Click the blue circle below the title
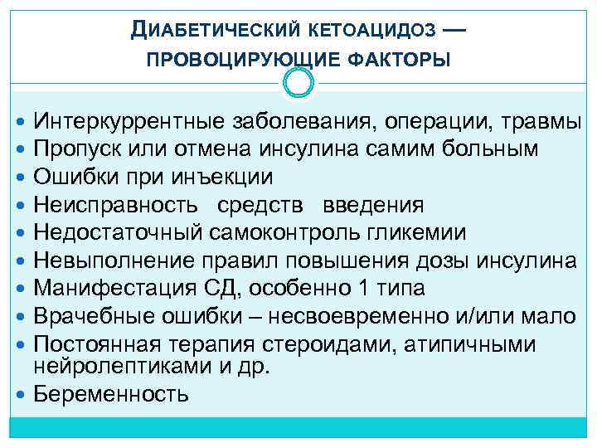(298, 82)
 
